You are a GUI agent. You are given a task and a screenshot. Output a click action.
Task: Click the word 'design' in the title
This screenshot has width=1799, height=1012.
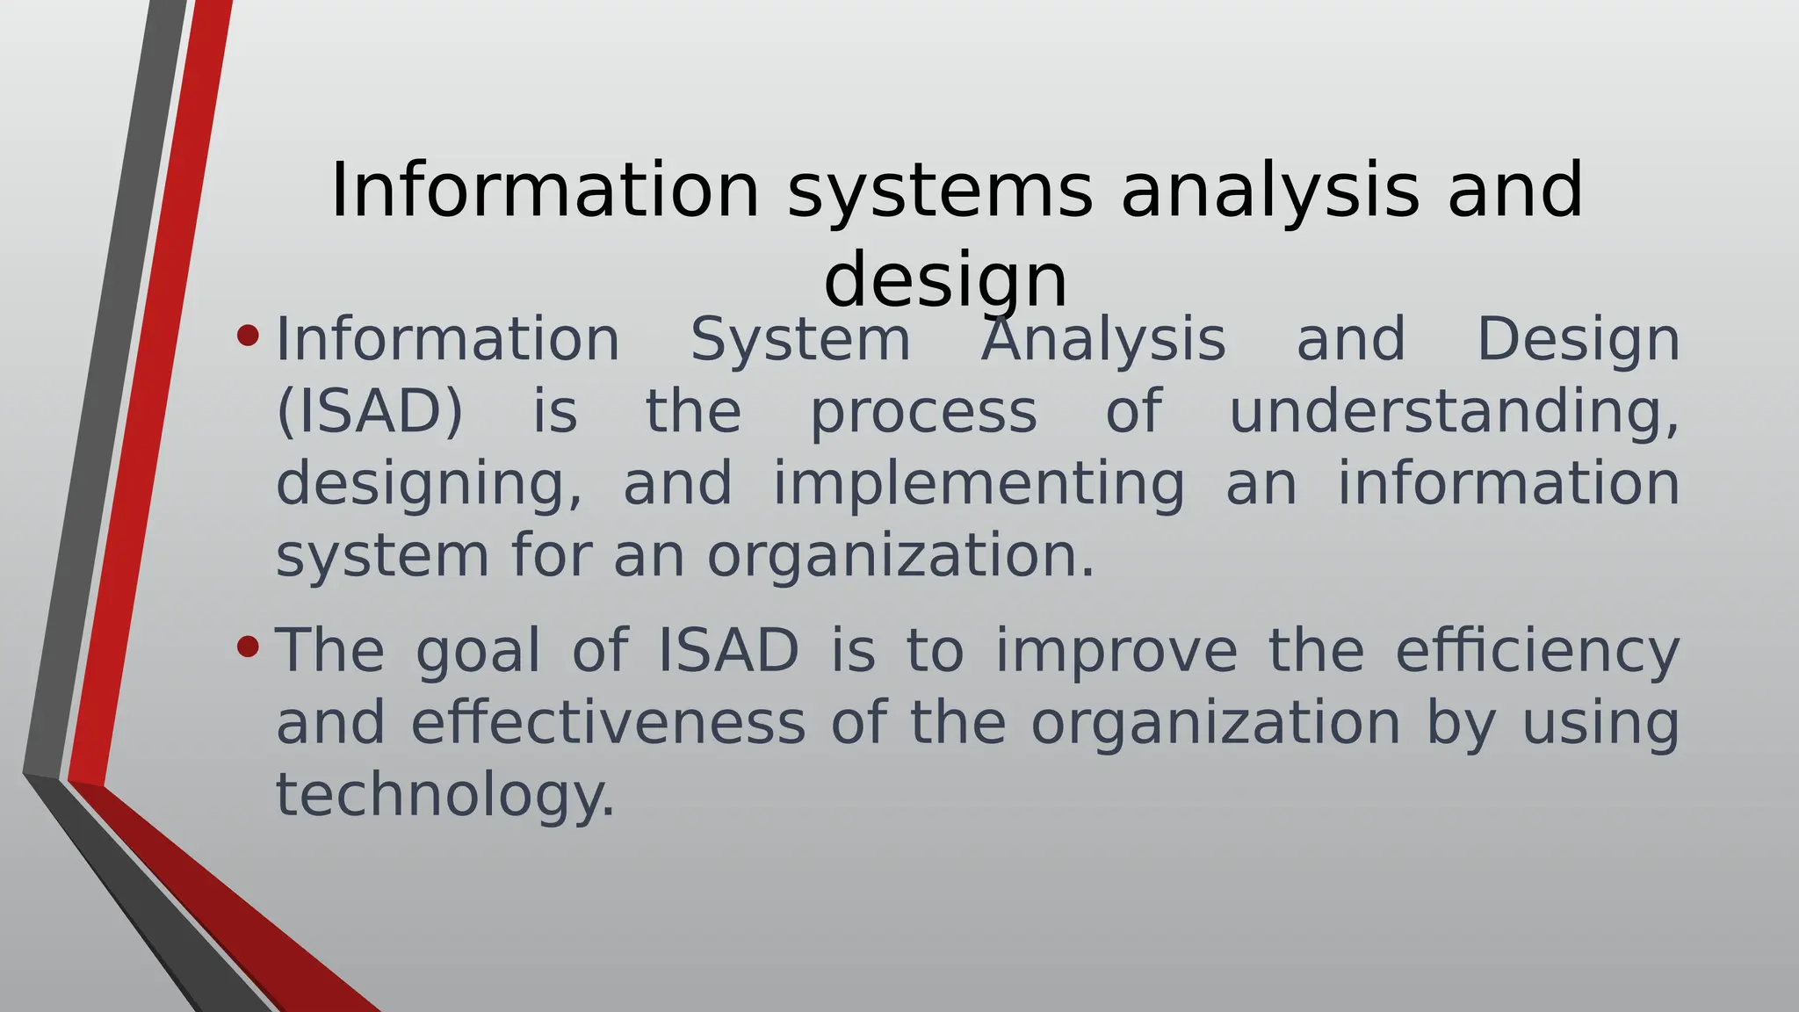[945, 279]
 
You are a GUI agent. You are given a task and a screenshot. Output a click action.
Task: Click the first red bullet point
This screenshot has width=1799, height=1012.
[249, 336]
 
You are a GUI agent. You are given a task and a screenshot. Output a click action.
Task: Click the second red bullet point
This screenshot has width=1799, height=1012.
[249, 647]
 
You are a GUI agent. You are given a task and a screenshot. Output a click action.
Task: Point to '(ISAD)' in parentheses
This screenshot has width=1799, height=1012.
[369, 411]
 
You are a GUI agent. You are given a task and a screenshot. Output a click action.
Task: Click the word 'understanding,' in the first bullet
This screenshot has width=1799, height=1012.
[1454, 411]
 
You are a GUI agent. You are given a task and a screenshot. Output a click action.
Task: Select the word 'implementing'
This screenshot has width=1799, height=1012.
[979, 484]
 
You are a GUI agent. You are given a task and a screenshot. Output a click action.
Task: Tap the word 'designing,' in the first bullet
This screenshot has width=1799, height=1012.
[429, 484]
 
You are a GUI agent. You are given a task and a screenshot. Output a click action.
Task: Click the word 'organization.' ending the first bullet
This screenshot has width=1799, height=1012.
[901, 556]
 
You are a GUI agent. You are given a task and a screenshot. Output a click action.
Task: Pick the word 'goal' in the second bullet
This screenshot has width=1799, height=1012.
[478, 651]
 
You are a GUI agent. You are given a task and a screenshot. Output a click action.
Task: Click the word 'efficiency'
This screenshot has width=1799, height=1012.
[1537, 651]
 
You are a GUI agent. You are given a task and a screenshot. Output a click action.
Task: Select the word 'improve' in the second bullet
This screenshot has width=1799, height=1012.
[1116, 651]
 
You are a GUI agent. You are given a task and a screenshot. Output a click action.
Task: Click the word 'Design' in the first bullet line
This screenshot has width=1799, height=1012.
[1579, 340]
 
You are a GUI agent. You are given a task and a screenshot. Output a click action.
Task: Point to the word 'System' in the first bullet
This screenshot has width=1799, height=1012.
[800, 340]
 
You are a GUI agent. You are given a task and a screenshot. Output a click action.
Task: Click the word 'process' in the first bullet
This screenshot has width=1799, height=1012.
[923, 411]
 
